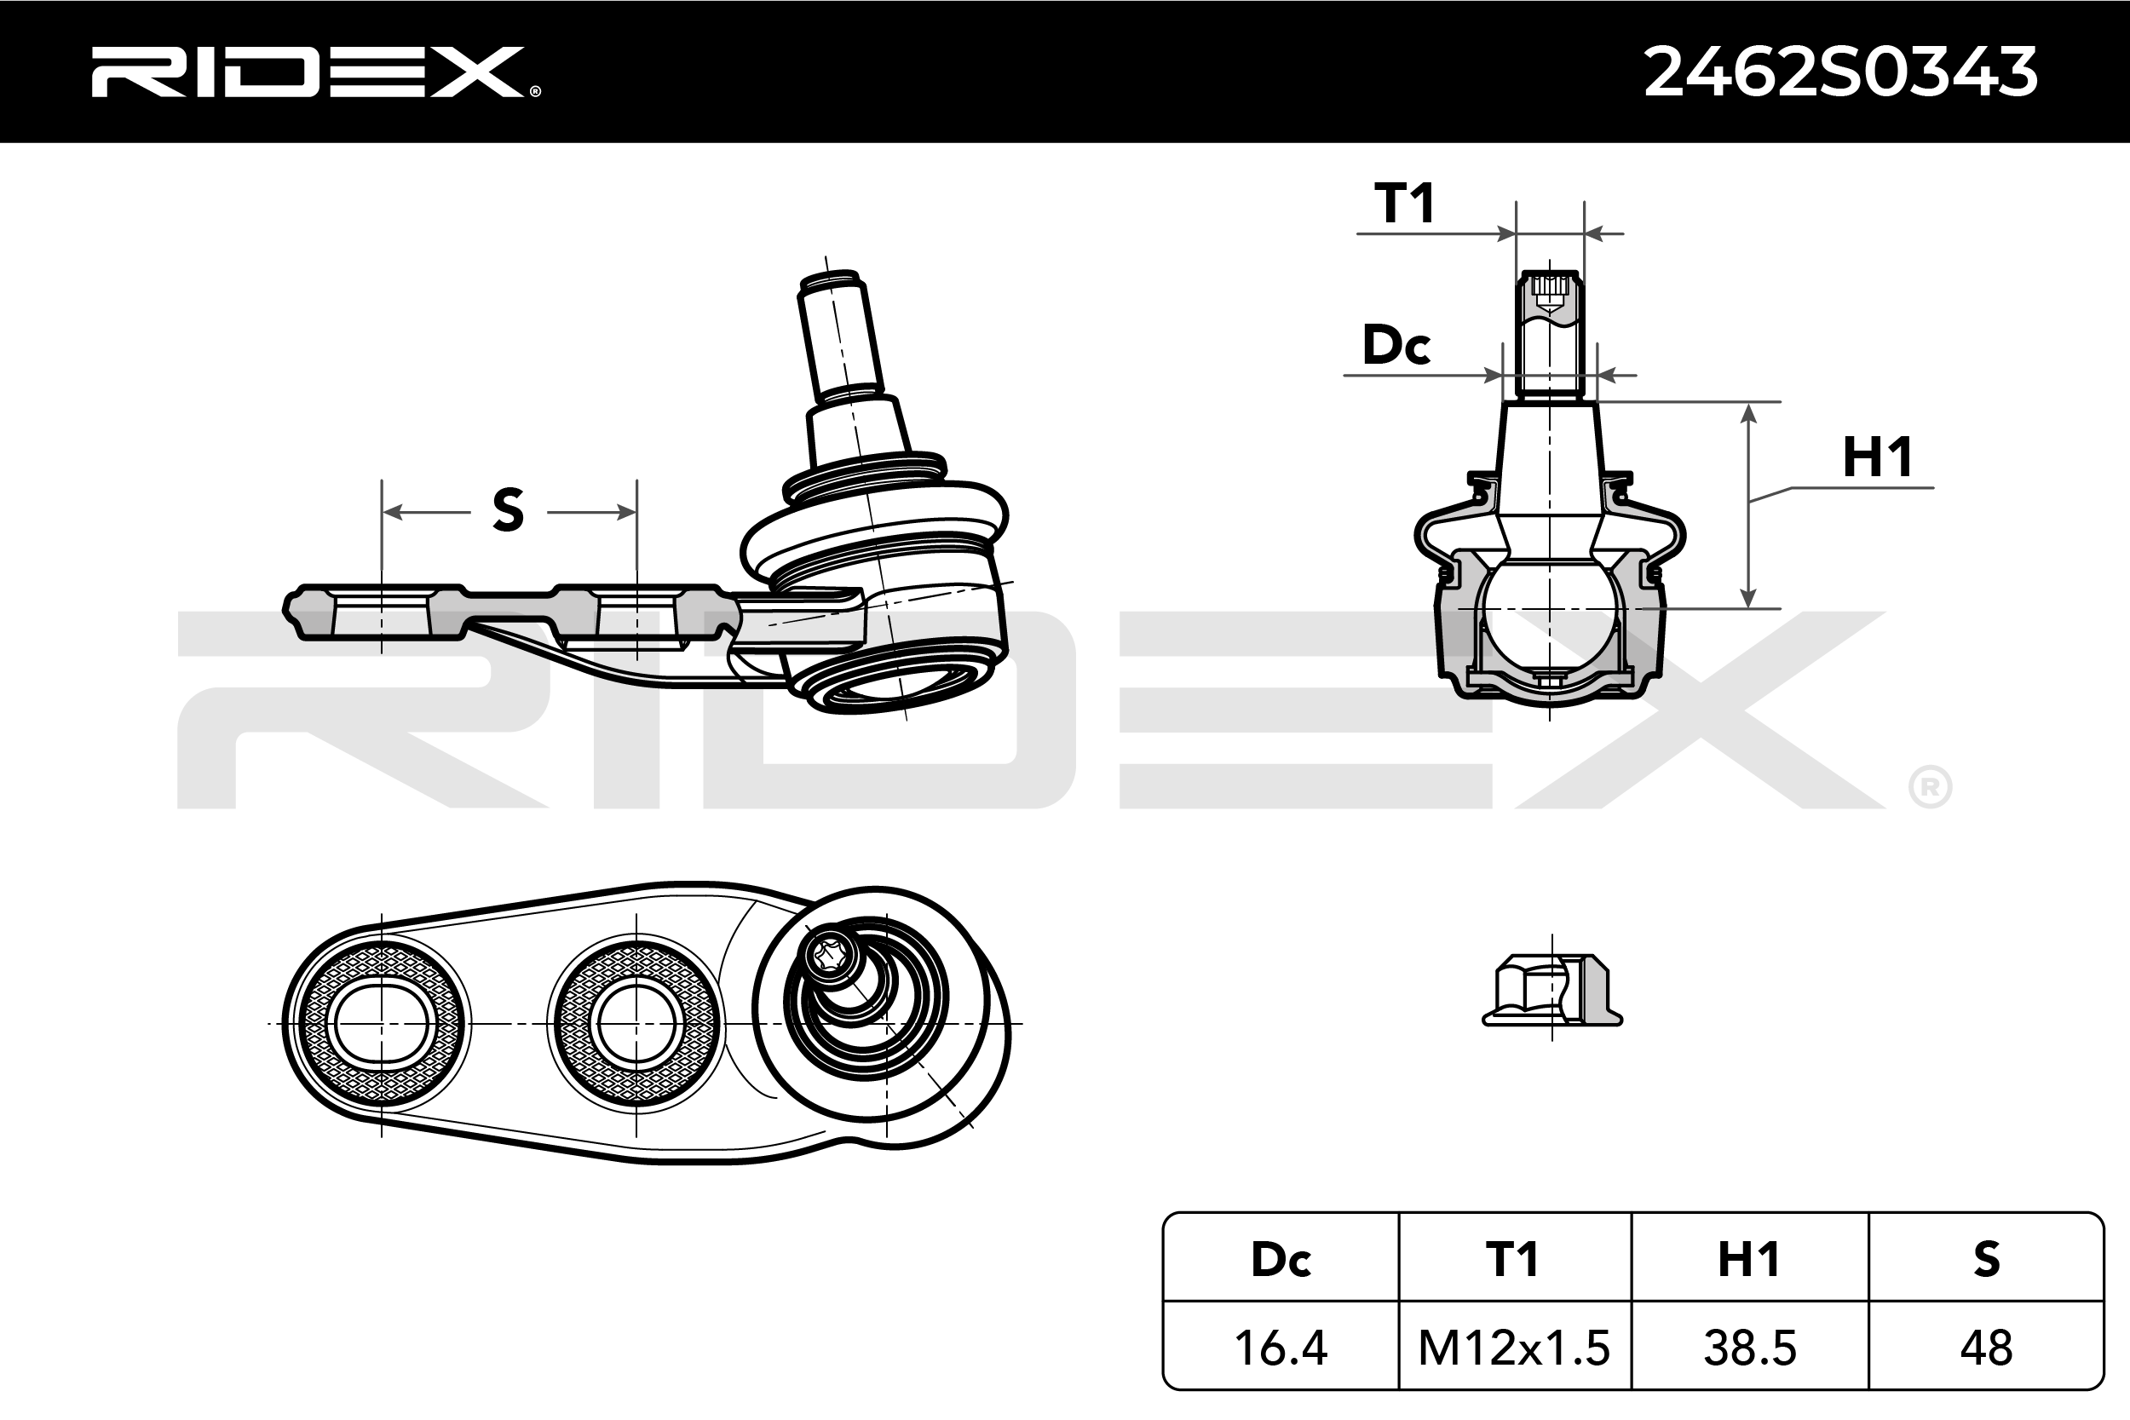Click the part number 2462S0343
click(1839, 72)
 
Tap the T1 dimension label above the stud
click(1405, 203)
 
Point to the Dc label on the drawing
click(1396, 345)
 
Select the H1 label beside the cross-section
click(1877, 457)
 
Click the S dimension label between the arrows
click(508, 510)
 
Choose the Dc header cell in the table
click(1281, 1260)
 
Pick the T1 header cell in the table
click(1513, 1260)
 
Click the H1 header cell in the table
click(1749, 1260)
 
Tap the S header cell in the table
click(1986, 1260)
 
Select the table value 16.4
click(1281, 1348)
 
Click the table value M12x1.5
click(1513, 1348)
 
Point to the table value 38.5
click(1749, 1348)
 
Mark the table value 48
click(1986, 1348)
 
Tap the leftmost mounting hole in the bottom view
click(381, 1024)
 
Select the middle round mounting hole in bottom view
click(636, 1024)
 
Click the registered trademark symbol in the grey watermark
click(1930, 788)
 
